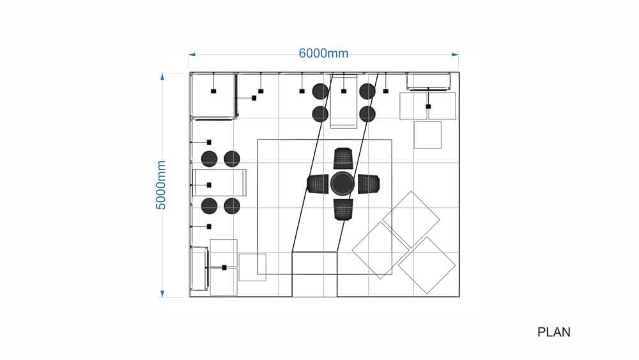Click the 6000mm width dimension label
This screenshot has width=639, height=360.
(x=323, y=53)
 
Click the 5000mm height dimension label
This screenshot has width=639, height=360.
(x=161, y=185)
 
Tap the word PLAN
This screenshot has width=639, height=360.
(x=554, y=333)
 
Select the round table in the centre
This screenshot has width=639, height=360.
(x=343, y=184)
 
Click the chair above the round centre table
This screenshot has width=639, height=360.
(x=343, y=158)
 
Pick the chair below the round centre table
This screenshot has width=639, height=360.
(x=343, y=209)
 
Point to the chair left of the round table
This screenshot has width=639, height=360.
(x=318, y=184)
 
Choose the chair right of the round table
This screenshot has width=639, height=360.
(x=369, y=184)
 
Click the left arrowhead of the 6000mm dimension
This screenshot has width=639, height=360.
(x=192, y=54)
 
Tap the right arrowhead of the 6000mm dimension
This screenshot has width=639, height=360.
(x=455, y=54)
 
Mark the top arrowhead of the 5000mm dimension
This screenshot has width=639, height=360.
(x=162, y=77)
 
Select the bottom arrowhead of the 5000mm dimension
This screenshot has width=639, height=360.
(x=162, y=293)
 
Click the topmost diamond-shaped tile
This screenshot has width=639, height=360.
(x=411, y=219)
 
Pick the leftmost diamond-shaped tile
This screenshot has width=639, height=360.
(x=381, y=250)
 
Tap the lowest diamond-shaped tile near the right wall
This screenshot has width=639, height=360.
(x=427, y=265)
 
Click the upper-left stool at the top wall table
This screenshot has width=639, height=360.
(x=320, y=91)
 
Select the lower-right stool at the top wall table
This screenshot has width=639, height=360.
(x=367, y=114)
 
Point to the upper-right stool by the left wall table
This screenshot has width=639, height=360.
(x=232, y=159)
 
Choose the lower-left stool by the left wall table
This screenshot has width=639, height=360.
(x=209, y=207)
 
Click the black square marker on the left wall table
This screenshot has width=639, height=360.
(x=209, y=185)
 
